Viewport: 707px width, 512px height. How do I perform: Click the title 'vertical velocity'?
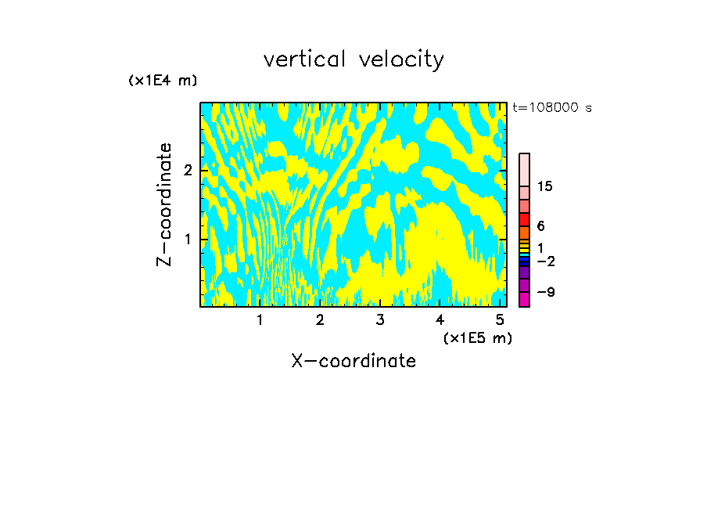(x=353, y=59)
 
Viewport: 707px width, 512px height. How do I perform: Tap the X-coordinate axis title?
(x=353, y=361)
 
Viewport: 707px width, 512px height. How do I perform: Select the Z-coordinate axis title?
(x=165, y=204)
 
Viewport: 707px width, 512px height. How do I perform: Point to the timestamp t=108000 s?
(x=551, y=107)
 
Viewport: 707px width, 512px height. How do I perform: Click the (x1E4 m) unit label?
(x=163, y=81)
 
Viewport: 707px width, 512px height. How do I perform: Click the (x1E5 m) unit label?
(x=477, y=337)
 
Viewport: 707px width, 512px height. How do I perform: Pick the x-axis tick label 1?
(x=260, y=319)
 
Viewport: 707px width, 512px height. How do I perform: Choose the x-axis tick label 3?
(x=380, y=319)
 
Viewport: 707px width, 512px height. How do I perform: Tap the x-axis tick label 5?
(x=500, y=319)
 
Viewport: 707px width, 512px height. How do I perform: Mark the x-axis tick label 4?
(x=440, y=319)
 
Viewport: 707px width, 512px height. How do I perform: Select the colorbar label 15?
(x=545, y=186)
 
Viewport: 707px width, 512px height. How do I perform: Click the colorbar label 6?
(x=540, y=225)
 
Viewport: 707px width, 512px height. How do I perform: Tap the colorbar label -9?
(x=545, y=292)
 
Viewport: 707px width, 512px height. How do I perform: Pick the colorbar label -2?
(x=545, y=261)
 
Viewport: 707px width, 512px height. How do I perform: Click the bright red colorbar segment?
(x=525, y=219)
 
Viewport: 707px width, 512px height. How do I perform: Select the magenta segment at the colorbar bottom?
(x=525, y=299)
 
